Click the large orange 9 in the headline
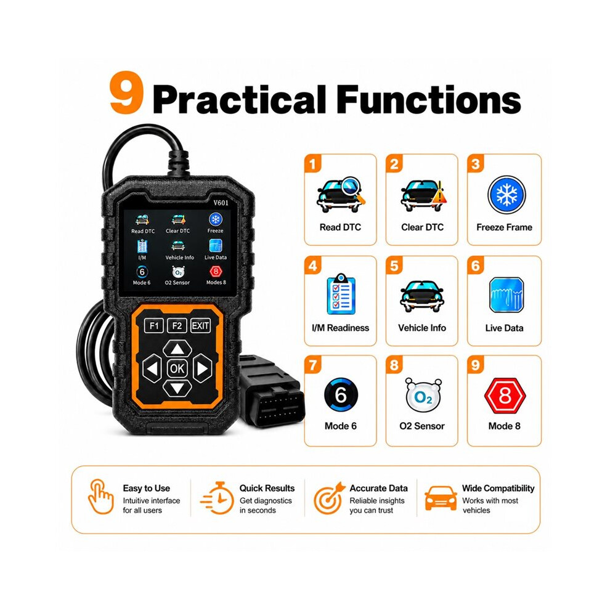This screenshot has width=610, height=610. (126, 92)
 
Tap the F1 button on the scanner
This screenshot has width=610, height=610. (154, 325)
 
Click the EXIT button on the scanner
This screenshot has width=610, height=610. (200, 325)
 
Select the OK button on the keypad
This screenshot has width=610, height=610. (177, 368)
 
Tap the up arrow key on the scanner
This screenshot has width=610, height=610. (177, 349)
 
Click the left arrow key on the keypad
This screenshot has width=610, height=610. (152, 368)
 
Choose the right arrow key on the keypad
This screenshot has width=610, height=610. (202, 368)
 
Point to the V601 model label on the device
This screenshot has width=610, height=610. (221, 203)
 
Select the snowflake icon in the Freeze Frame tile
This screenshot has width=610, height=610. (506, 195)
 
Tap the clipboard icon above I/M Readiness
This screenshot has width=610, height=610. (341, 294)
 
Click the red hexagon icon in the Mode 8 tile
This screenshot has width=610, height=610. (505, 396)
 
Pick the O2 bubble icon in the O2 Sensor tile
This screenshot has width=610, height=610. (423, 395)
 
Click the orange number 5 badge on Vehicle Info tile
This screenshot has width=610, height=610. (394, 266)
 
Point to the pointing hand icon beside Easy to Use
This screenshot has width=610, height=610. (100, 497)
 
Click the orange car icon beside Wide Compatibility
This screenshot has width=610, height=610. (441, 498)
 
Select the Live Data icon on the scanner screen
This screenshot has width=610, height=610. (216, 246)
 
